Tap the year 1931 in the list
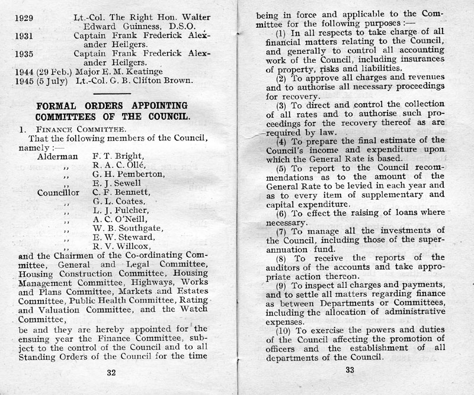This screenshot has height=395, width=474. pos(26,35)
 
